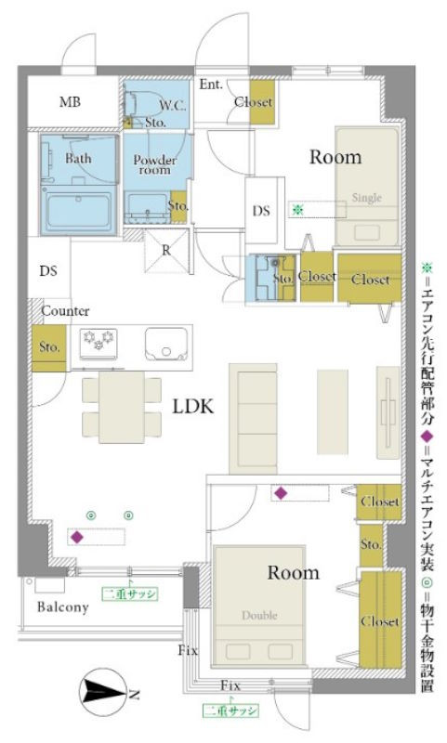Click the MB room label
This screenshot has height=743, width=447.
(70, 101)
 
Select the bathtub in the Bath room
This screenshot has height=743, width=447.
(79, 210)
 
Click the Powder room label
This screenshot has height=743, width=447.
(154, 164)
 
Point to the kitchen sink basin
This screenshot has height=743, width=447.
(166, 344)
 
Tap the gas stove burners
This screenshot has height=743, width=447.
(99, 342)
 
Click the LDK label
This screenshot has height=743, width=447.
(192, 406)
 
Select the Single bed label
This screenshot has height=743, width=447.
(367, 198)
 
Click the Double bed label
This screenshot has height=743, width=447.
(259, 615)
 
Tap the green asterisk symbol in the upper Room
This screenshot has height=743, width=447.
(297, 209)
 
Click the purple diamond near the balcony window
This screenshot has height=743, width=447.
(77, 538)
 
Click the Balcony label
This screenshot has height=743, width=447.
(63, 607)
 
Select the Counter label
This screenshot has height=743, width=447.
(65, 311)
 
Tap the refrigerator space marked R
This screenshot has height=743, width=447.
(166, 250)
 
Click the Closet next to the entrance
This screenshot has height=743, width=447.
(262, 102)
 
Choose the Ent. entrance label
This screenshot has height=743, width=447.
(211, 85)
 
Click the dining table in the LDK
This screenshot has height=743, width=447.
(122, 407)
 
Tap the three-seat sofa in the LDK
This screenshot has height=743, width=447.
(253, 419)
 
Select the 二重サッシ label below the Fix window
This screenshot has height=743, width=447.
(230, 710)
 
